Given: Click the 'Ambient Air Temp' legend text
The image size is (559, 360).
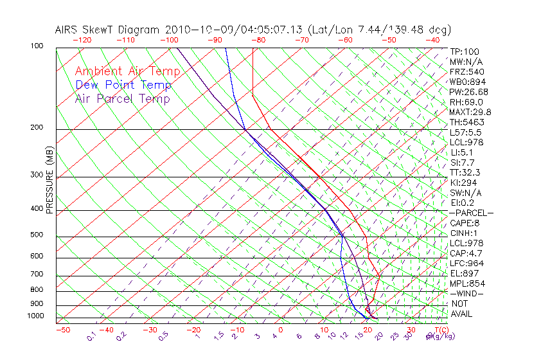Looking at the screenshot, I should point(127,72).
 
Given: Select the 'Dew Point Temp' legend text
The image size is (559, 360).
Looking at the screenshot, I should point(123,85).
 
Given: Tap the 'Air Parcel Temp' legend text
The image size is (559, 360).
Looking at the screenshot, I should point(122,99).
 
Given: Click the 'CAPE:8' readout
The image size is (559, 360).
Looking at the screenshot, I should point(464,223).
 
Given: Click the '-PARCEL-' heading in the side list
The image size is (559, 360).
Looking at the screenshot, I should point(471,213).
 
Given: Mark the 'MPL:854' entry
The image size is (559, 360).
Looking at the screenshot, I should point(466,283).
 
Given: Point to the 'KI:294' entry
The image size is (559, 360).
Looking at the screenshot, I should point(464,183).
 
